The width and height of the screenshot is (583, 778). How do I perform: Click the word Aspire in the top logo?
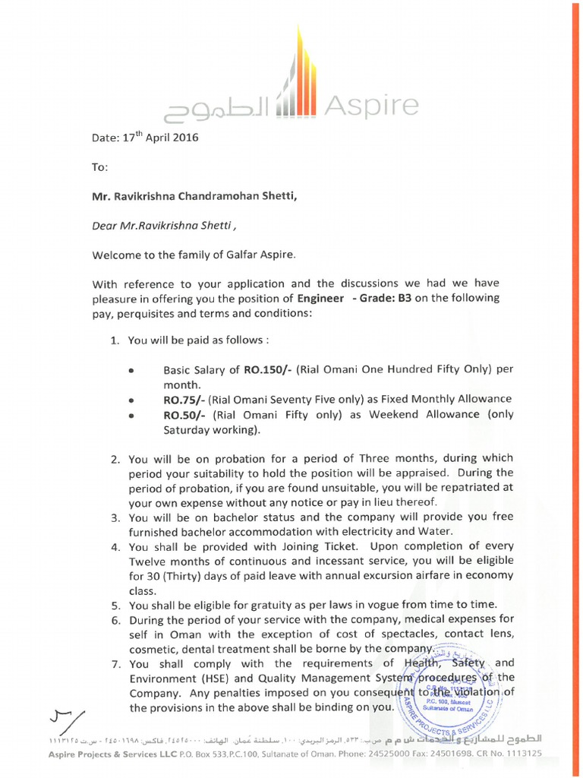[x=371, y=106]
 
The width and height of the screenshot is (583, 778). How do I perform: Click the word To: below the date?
[x=99, y=166]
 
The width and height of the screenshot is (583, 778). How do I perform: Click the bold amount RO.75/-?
[x=184, y=400]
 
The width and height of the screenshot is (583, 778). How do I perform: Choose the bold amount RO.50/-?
[x=184, y=414]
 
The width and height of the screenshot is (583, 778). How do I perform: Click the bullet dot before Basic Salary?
[x=131, y=372]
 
